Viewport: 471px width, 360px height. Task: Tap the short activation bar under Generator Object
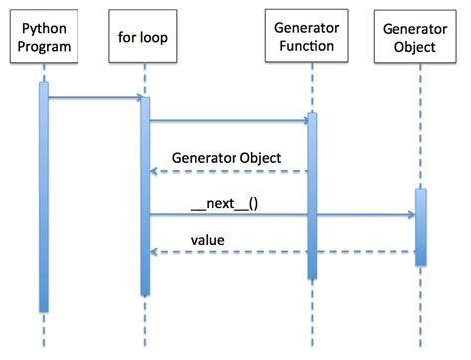[420, 227]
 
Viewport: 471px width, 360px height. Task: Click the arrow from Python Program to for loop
[94, 97]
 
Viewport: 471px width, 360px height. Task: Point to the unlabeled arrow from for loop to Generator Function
[229, 121]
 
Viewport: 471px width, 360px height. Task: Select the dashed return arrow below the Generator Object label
[229, 172]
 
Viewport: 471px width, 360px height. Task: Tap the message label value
[207, 239]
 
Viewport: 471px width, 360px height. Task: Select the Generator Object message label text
[227, 157]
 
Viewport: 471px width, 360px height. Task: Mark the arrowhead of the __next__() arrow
[409, 214]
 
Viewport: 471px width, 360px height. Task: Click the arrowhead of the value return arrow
[154, 252]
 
